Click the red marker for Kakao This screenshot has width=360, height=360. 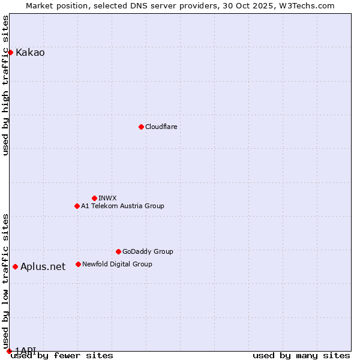pyautogui.click(x=10, y=52)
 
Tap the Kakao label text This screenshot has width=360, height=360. pyautogui.click(x=30, y=52)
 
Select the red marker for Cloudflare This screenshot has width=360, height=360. pyautogui.click(x=141, y=127)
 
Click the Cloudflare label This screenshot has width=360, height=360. pyautogui.click(x=161, y=127)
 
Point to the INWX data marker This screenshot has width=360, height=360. pyautogui.click(x=94, y=198)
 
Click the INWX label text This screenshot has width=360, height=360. pyautogui.click(x=107, y=198)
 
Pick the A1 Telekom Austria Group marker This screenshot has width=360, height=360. pyautogui.click(x=77, y=206)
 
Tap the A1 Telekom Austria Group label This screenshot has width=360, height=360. pyautogui.click(x=122, y=206)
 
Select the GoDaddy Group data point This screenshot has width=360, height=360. pyautogui.click(x=118, y=251)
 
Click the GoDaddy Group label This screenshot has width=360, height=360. pyautogui.click(x=148, y=251)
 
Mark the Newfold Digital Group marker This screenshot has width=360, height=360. pyautogui.click(x=78, y=264)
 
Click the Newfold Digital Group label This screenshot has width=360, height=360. pyautogui.click(x=117, y=264)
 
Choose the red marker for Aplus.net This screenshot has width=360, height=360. pyautogui.click(x=15, y=266)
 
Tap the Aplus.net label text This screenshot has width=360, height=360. pyautogui.click(x=43, y=266)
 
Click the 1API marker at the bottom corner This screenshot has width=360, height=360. pyautogui.click(x=9, y=351)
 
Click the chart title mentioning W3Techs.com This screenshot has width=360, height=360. pyautogui.click(x=180, y=5)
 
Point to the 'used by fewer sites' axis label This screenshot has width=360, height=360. pyautogui.click(x=62, y=356)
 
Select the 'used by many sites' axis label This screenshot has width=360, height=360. pyautogui.click(x=301, y=356)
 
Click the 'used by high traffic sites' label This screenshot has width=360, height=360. pyautogui.click(x=5, y=85)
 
